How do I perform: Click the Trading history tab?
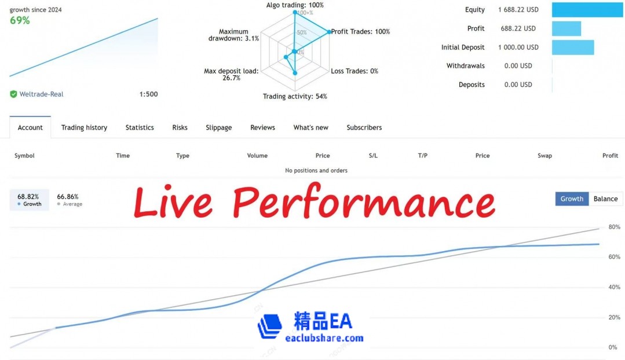pyautogui.click(x=84, y=127)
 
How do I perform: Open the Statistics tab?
pyautogui.click(x=140, y=127)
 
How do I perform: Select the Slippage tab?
pyautogui.click(x=218, y=127)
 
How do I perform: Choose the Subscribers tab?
pyautogui.click(x=364, y=127)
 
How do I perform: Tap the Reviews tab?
pyautogui.click(x=262, y=127)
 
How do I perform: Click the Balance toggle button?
pyautogui.click(x=605, y=199)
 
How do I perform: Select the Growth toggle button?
pyautogui.click(x=572, y=199)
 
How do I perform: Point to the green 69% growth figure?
pyautogui.click(x=20, y=21)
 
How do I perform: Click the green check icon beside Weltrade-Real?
pyautogui.click(x=13, y=94)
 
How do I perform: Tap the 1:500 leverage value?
pyautogui.click(x=148, y=94)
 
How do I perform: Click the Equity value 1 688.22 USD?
pyautogui.click(x=518, y=10)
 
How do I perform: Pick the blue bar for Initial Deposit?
pyautogui.click(x=572, y=47)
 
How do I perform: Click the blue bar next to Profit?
pyautogui.click(x=566, y=28)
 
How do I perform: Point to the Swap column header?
pyautogui.click(x=544, y=156)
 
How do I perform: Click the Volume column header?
pyautogui.click(x=257, y=156)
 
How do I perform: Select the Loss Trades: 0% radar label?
pyautogui.click(x=354, y=71)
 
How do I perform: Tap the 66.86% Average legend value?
pyautogui.click(x=68, y=197)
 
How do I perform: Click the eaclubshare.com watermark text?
pyautogui.click(x=324, y=338)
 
